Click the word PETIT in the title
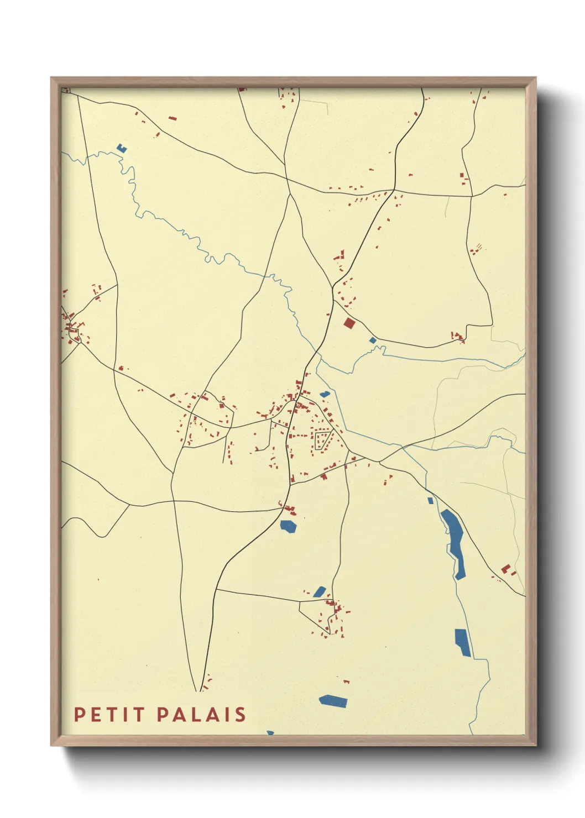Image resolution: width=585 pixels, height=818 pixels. coord(109,715)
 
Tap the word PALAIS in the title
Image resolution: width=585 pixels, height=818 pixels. coord(201,715)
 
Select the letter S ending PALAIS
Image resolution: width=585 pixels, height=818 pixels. coord(241,715)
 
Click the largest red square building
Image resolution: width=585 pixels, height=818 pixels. coord(348,323)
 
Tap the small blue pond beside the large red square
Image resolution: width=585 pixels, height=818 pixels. coord(373,340)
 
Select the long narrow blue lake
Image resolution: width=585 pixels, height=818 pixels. coord(455,542)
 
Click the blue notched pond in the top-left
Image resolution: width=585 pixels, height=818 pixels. coord(122,148)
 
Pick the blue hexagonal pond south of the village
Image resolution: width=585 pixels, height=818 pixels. coord(288,526)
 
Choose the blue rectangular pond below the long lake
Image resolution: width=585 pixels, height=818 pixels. coord(463,642)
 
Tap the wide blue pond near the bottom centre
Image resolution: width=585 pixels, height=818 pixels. coord(333,701)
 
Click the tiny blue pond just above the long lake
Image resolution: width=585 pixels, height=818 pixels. coord(430,501)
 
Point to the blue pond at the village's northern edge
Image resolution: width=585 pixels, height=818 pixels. coord(325,394)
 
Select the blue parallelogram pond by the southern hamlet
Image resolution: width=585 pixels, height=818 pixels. coord(320,591)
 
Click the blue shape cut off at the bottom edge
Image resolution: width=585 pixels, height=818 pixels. coord(270,732)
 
